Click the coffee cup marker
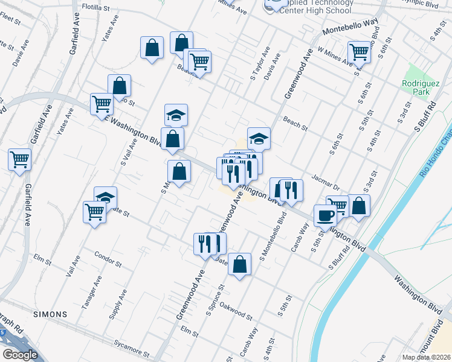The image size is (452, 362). coord(325,216)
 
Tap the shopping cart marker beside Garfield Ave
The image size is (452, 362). coord(20,160)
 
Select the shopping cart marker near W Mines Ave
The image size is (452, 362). coord(359,52)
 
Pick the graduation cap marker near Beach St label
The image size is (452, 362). coord(259,139)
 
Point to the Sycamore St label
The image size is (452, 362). coord(131,348)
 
